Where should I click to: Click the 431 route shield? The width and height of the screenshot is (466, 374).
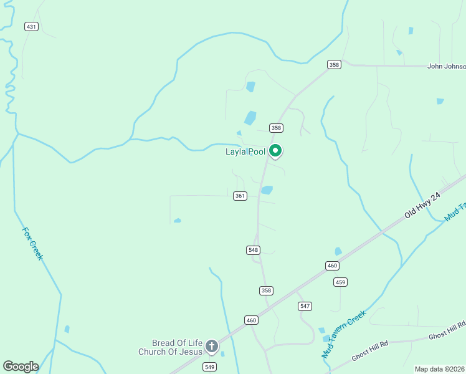click(x=31, y=26)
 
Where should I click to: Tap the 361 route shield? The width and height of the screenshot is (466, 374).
click(x=240, y=196)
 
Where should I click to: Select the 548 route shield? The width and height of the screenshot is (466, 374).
click(x=253, y=250)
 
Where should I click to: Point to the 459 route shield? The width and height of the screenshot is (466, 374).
click(x=340, y=282)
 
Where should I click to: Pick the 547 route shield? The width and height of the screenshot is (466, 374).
click(x=305, y=306)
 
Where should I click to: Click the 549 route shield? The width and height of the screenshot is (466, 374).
click(x=209, y=367)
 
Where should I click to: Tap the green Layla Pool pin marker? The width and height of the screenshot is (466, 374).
click(x=275, y=151)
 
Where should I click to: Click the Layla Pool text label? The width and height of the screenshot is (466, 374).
click(x=245, y=151)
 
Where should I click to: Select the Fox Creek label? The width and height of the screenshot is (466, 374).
click(x=32, y=243)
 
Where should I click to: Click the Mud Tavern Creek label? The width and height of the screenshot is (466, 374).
click(x=342, y=335)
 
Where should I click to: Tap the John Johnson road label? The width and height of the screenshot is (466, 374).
click(x=446, y=66)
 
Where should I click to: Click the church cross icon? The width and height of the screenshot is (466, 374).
click(x=212, y=347)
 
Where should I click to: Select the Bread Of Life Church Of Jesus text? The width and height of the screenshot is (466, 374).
click(x=171, y=347)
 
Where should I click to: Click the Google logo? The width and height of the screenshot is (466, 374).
click(x=21, y=367)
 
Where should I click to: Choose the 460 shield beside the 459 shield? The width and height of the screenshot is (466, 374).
click(x=332, y=266)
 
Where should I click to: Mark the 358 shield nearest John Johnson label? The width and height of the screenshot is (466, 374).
click(x=335, y=64)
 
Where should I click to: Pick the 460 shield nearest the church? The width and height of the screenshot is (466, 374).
click(x=251, y=320)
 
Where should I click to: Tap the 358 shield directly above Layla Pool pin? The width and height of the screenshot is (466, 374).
click(x=277, y=128)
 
